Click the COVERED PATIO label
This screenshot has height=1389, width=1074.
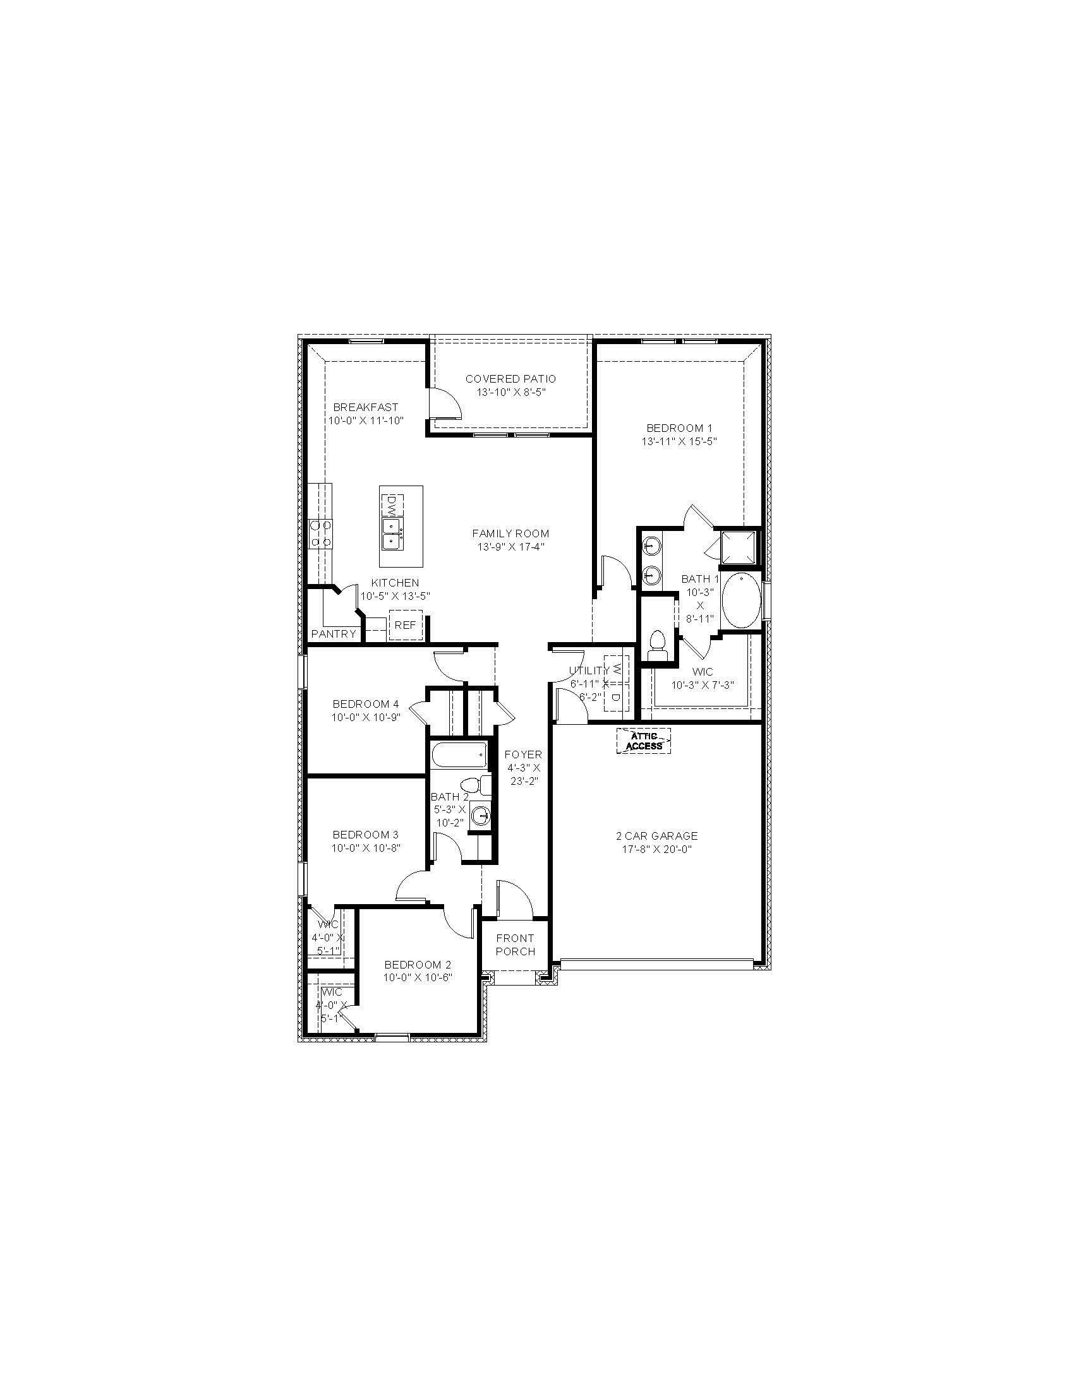coord(510,379)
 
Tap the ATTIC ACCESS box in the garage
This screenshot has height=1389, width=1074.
coord(644,741)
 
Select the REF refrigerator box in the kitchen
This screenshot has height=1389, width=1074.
coord(405,625)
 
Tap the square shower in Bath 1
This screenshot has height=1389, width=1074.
coord(740,547)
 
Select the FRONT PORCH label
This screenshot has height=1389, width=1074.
coord(515,945)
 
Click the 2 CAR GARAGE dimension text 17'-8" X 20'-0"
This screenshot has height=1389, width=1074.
coord(656,849)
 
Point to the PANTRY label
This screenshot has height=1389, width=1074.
coord(334,634)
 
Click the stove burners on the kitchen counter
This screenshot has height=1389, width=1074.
coord(320,534)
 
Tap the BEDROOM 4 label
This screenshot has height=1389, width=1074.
coord(365,704)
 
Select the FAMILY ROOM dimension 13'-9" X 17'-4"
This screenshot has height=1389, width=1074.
coord(510,546)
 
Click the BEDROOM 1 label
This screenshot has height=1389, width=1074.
coord(679,428)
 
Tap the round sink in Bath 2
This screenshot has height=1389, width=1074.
coord(481,816)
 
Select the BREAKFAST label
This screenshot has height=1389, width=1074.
coord(365,407)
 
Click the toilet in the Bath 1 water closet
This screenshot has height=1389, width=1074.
coord(656,643)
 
